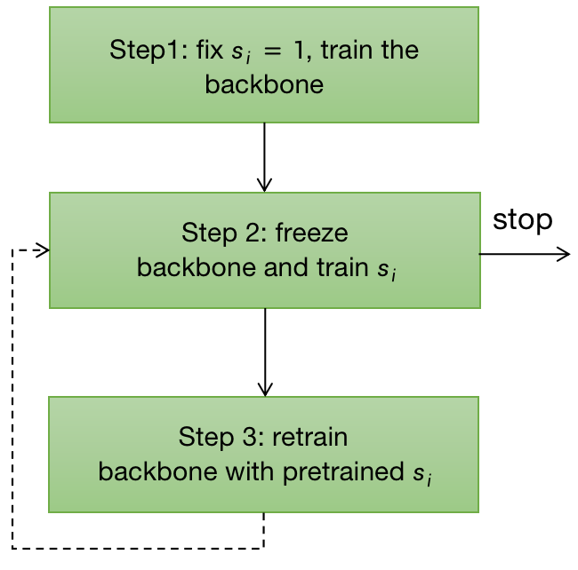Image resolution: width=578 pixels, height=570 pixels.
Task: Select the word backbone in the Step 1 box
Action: [263, 85]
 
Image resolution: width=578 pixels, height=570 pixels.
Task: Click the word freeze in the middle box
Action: [311, 234]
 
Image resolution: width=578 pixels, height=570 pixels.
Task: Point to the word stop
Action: [522, 219]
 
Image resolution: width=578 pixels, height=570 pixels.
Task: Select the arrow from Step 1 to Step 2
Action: [264, 156]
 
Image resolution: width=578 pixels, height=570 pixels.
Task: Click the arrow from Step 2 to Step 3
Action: [264, 352]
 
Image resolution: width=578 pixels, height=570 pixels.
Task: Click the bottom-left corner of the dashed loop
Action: [12, 548]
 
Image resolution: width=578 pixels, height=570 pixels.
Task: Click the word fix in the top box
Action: [210, 51]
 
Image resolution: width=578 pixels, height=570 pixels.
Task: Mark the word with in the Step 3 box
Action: [253, 472]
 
